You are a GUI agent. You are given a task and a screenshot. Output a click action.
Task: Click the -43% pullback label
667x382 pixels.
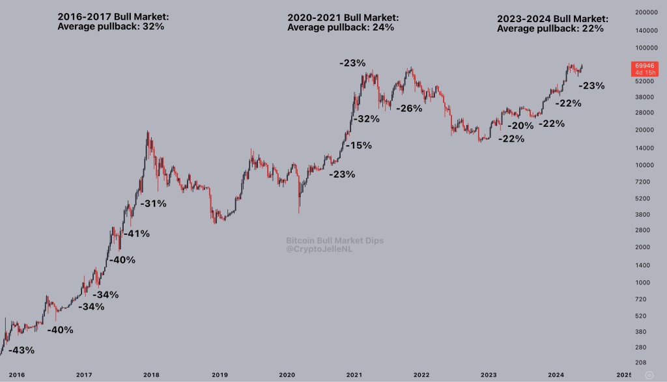point(21,350)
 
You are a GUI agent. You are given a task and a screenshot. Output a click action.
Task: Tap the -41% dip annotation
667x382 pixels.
point(137,233)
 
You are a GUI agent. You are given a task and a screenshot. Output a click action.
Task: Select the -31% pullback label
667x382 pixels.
point(154,203)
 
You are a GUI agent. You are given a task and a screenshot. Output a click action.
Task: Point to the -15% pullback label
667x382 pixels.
point(359,145)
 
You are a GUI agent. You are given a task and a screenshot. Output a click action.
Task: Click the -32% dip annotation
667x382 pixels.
point(366,119)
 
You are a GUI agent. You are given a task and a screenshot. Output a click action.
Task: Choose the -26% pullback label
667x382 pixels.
point(409,108)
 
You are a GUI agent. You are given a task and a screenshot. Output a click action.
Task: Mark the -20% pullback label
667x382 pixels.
point(520,126)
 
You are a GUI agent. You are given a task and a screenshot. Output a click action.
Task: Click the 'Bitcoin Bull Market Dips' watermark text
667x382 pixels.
point(335,240)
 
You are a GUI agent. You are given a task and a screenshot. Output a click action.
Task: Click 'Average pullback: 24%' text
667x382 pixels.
point(341,27)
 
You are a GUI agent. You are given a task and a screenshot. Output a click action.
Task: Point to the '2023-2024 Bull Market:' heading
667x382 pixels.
point(552,19)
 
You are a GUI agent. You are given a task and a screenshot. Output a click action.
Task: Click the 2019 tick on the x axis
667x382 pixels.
point(220,375)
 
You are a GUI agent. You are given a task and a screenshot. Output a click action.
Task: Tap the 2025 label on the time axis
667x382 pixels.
point(624,375)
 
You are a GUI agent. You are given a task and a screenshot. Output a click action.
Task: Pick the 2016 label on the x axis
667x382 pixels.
point(16,375)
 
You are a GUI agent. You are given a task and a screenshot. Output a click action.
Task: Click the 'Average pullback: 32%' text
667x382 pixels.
point(111,27)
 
